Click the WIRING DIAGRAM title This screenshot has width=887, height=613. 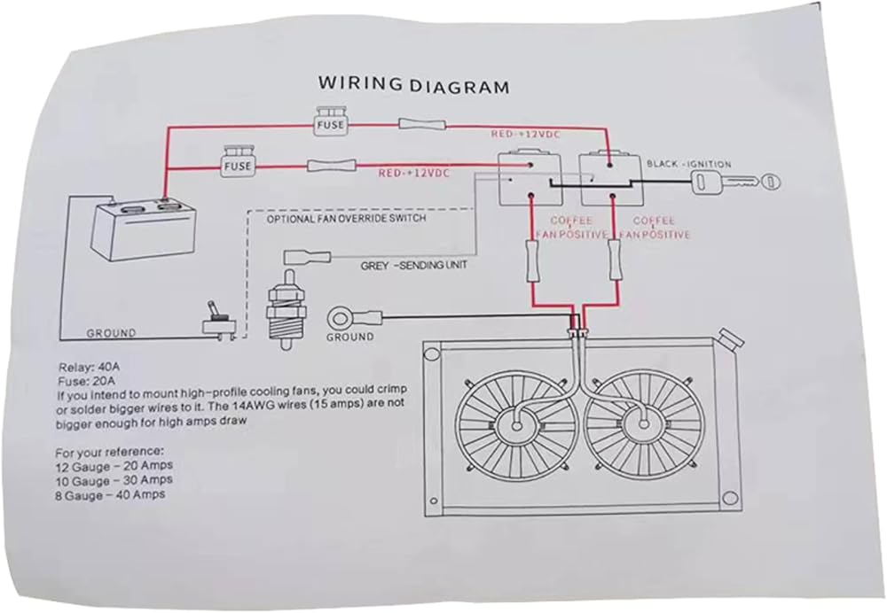414,87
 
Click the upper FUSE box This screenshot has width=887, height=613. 326,125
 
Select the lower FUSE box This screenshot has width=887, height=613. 237,165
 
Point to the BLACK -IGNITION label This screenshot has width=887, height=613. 689,164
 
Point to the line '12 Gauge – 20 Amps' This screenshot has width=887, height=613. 113,465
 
